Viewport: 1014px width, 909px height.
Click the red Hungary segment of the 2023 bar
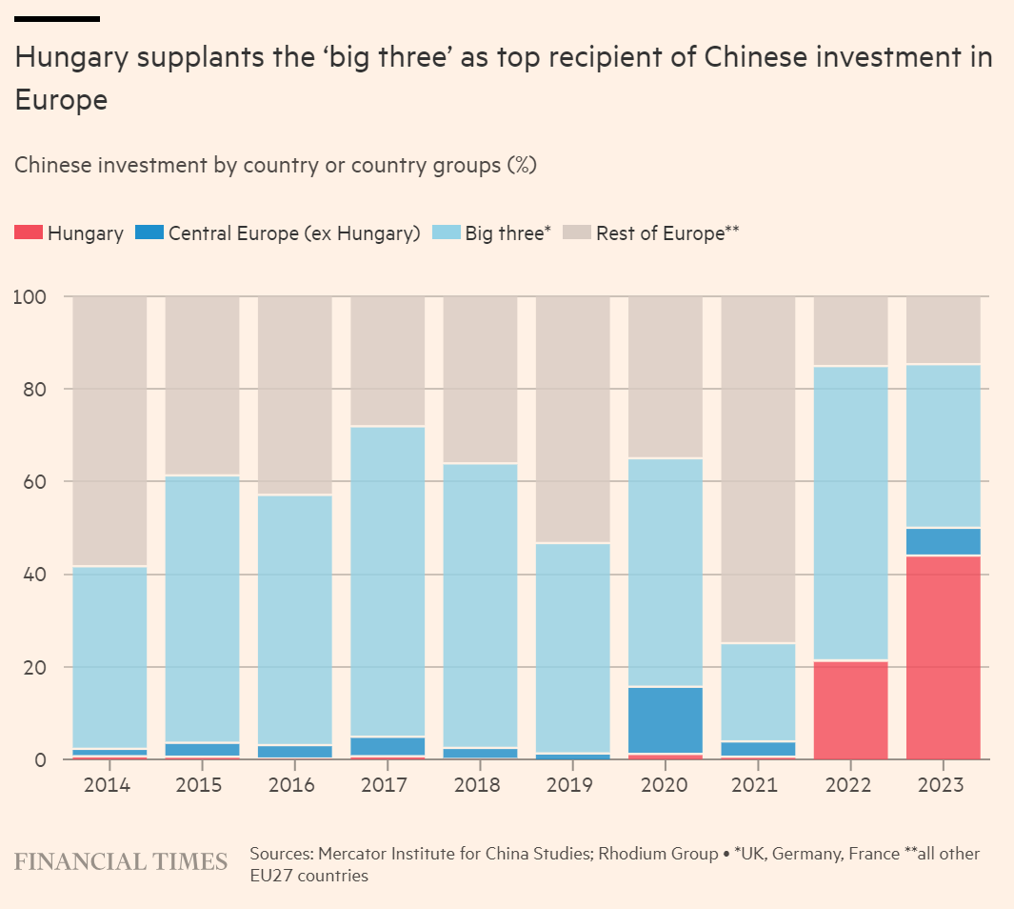tap(943, 657)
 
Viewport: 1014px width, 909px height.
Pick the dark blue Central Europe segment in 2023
tap(943, 541)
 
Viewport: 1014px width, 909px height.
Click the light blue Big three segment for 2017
tap(388, 581)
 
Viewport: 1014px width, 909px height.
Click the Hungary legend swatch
tap(28, 233)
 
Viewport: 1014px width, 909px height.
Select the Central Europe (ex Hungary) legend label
tap(294, 233)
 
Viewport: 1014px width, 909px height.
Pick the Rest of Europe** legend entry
tap(667, 233)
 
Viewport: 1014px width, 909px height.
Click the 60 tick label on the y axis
tap(32, 482)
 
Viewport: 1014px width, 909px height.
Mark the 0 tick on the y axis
tap(41, 760)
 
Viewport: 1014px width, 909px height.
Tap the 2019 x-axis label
tap(573, 786)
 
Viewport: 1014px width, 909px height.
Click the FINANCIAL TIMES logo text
tap(121, 861)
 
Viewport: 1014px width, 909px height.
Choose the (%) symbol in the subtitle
tap(521, 165)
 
